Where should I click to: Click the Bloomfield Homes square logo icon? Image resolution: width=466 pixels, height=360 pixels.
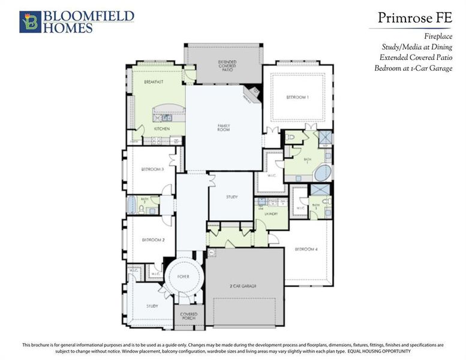point(29,22)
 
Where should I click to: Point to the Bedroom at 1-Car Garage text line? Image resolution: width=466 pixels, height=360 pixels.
point(413,68)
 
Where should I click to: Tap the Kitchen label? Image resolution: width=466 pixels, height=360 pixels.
point(161,129)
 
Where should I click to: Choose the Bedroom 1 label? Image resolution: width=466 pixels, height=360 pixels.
point(297,97)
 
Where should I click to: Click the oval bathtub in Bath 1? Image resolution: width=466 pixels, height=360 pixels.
point(323,173)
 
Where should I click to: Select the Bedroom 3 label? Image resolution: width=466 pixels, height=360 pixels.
point(152,169)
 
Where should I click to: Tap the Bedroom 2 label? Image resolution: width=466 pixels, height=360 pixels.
point(153,240)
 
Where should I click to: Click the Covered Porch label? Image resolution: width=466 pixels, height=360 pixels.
point(189,315)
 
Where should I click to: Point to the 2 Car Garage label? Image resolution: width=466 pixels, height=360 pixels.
point(243,286)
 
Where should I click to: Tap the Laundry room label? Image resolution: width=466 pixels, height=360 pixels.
point(269,213)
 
